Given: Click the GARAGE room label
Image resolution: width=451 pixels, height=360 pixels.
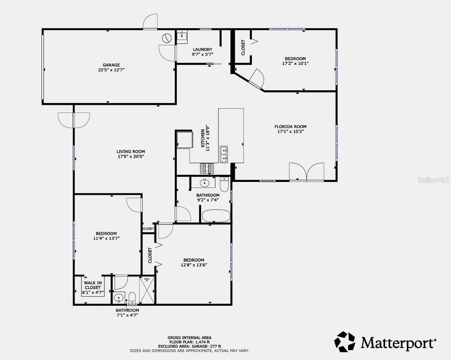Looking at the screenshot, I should click(109, 65).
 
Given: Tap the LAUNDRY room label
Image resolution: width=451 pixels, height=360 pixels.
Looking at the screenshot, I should click(203, 49).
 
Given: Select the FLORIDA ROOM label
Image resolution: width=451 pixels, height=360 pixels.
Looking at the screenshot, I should click(291, 126).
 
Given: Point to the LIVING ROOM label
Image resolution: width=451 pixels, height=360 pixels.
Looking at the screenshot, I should click(131, 151).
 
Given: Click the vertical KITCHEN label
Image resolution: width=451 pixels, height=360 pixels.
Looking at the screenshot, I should click(203, 138).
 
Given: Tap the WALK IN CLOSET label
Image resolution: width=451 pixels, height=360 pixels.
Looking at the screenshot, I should click(93, 285).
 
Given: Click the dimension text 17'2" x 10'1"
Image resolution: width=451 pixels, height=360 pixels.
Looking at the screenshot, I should click(295, 63).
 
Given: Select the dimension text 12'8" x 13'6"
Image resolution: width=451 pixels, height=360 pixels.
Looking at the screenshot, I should click(193, 265).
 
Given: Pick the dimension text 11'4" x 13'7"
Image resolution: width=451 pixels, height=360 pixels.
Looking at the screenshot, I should click(106, 238).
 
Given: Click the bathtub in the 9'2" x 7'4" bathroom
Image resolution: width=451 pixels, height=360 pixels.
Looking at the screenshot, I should click(216, 216).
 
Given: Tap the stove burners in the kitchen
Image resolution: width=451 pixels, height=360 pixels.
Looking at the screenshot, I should click(207, 168).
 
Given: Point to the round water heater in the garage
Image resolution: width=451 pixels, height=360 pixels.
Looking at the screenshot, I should click(166, 38).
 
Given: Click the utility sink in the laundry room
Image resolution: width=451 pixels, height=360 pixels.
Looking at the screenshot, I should click(182, 36).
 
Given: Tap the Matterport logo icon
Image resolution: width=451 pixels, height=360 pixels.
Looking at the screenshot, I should click(344, 342).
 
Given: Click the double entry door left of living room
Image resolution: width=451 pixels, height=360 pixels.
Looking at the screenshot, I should click(74, 119).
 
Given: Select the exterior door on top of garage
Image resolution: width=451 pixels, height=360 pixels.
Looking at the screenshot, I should click(150, 21).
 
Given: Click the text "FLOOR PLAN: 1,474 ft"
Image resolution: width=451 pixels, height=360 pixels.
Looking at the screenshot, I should click(189, 342).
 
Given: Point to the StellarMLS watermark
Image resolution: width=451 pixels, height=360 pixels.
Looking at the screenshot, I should click(434, 180).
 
